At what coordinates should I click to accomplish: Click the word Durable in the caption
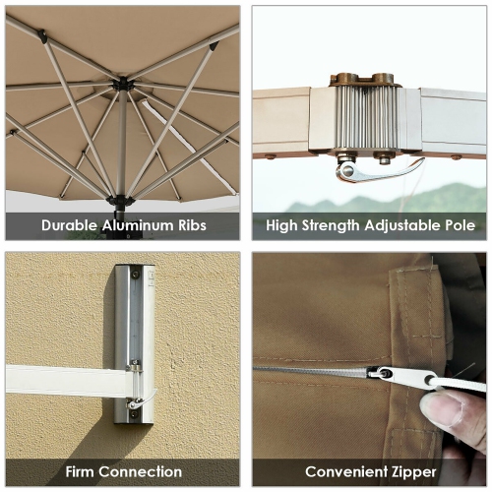tap(71, 225)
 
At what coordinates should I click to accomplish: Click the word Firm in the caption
tap(82, 471)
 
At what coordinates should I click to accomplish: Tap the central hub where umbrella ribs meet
tap(122, 86)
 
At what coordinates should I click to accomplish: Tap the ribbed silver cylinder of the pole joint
tap(367, 118)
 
